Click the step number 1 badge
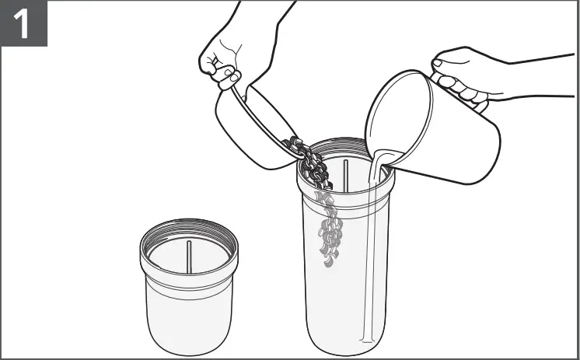point(23,23)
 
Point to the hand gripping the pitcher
point(466,74)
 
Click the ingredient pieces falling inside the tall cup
point(330,233)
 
